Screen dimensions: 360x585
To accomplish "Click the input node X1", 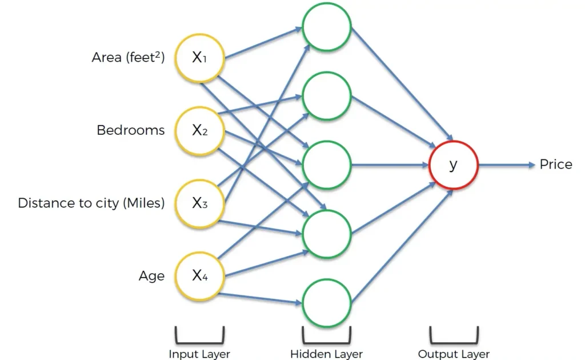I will [199, 57].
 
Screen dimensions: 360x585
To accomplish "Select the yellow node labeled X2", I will [199, 130].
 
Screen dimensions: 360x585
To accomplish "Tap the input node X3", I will [199, 203].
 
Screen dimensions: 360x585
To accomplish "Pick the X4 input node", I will [199, 276].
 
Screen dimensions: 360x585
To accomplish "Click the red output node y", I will [453, 165].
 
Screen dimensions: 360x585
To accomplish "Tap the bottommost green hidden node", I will [326, 303].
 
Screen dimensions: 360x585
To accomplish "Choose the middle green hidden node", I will [326, 165].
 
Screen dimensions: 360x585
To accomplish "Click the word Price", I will [555, 165].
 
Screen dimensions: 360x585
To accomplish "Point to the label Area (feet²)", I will [128, 57].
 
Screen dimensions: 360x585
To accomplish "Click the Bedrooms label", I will [130, 130].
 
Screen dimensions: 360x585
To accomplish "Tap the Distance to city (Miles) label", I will [91, 203].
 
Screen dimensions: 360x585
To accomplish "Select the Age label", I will [151, 277].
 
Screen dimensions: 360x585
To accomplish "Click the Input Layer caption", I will [199, 354].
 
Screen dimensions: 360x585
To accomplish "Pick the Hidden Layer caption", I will [326, 354].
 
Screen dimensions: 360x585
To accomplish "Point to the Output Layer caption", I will [454, 354].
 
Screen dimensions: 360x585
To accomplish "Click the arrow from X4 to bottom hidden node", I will [260, 298].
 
